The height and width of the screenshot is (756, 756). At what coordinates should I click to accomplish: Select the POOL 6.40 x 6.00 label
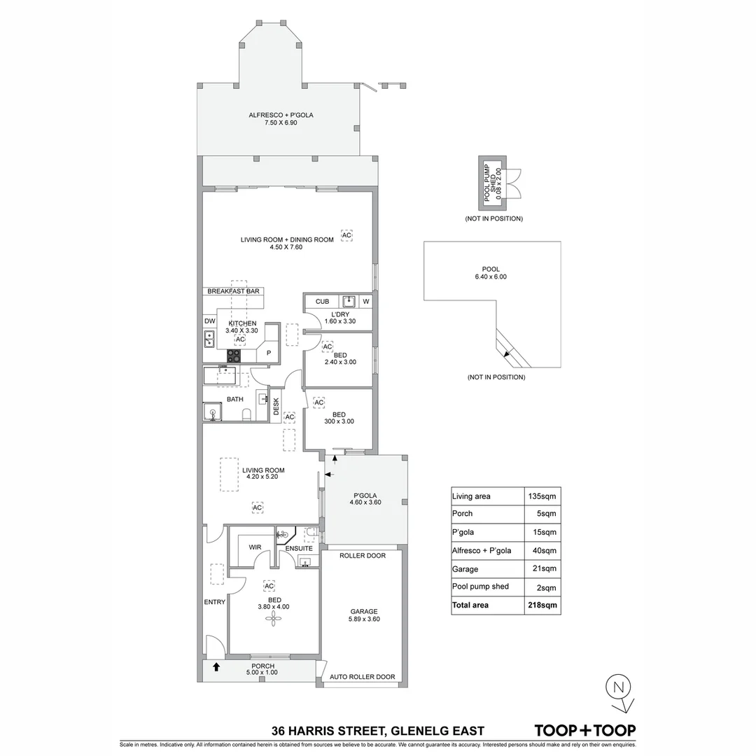pyautogui.click(x=490, y=273)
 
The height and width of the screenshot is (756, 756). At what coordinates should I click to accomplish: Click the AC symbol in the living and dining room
pyautogui.click(x=346, y=235)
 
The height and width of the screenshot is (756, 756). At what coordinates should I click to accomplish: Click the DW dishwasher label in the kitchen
pyautogui.click(x=209, y=321)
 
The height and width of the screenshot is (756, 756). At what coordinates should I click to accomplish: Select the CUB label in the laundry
pyautogui.click(x=322, y=302)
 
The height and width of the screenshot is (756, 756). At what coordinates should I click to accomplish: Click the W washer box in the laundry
pyautogui.click(x=365, y=302)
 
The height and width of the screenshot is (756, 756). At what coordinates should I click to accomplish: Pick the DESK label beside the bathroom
pyautogui.click(x=276, y=407)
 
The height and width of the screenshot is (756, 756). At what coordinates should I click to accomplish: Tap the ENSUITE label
pyautogui.click(x=298, y=548)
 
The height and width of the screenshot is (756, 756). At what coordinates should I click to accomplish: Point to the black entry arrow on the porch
pyautogui.click(x=216, y=667)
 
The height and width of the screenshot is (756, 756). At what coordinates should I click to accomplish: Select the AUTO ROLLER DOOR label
pyautogui.click(x=363, y=678)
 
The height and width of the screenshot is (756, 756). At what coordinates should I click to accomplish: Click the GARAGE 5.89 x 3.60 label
pyautogui.click(x=364, y=615)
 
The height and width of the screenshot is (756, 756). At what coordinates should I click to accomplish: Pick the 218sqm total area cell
pyautogui.click(x=543, y=605)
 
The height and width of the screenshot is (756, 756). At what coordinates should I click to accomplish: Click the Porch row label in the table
pyautogui.click(x=463, y=514)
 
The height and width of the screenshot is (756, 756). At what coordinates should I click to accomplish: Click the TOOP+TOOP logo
pyautogui.click(x=585, y=730)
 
